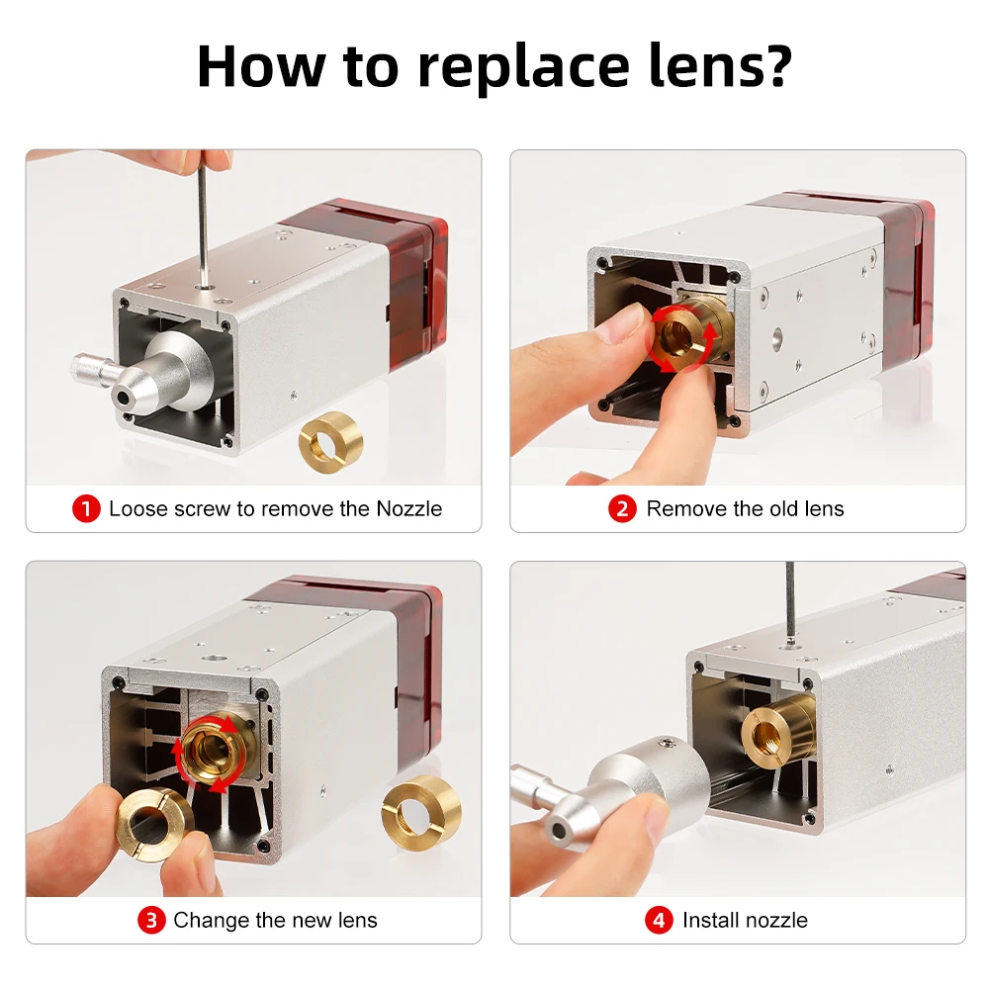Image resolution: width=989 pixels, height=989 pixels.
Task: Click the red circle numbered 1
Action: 86,508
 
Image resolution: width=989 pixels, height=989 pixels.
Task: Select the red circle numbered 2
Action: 622,508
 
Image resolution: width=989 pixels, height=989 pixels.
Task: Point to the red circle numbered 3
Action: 151,920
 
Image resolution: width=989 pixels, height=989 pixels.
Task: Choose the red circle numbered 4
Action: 659,920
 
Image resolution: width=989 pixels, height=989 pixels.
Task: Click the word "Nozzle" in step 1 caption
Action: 409,508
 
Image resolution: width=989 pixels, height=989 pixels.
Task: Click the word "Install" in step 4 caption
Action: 708,920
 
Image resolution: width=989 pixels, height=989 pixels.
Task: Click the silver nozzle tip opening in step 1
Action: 122,398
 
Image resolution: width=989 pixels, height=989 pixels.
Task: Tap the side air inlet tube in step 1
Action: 91,370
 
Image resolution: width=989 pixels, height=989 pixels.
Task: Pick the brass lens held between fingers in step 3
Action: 154,822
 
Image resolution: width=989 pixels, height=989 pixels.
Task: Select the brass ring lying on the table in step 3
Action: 420,811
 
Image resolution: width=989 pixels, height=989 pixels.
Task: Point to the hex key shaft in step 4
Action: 790,603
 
